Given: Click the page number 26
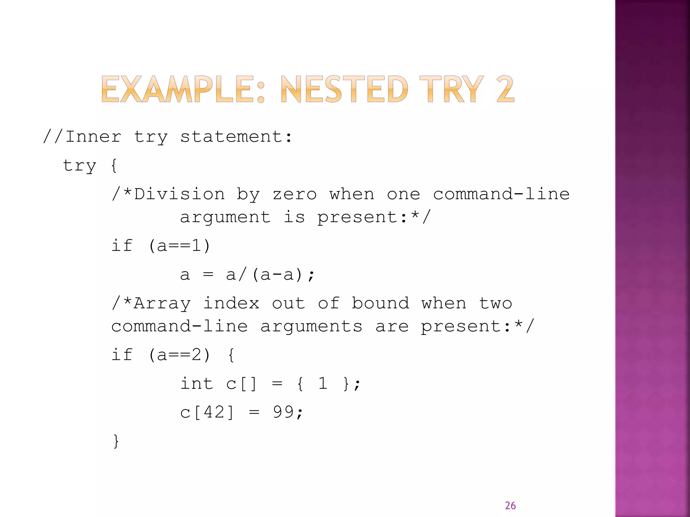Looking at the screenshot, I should [x=510, y=505].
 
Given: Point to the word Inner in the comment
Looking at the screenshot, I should [x=93, y=137].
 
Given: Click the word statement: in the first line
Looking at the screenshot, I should [x=236, y=137].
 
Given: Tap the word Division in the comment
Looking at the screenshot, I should [x=179, y=194].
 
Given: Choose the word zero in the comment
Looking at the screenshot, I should [x=294, y=194].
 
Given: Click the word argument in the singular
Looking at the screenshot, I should [x=225, y=217].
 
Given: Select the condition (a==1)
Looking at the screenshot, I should [x=179, y=246].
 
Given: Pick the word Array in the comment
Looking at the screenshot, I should [x=162, y=303].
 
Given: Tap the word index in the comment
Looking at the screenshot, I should [x=231, y=303].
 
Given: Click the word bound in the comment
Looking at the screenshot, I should [x=381, y=303].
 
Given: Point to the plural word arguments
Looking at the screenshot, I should [x=311, y=326].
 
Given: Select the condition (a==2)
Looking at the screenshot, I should [x=179, y=355].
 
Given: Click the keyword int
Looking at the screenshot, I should [x=197, y=384].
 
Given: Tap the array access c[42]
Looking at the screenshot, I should [x=207, y=412].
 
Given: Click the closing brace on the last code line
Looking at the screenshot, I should [x=116, y=441].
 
